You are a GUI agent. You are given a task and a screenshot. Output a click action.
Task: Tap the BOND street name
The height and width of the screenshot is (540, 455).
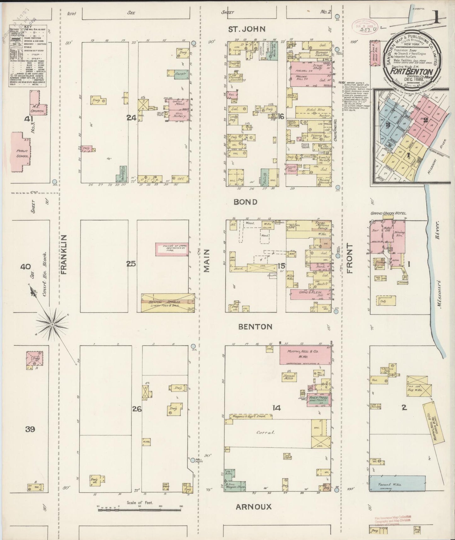click(x=245, y=202)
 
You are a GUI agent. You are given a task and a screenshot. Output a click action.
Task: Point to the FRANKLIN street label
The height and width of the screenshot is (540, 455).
click(x=65, y=254)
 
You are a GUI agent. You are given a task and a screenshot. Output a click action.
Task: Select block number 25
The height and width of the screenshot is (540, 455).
click(x=131, y=264)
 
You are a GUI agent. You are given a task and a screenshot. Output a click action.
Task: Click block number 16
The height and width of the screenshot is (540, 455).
click(x=281, y=117)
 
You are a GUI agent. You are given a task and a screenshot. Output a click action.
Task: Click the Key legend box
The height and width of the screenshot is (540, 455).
click(x=28, y=56)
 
